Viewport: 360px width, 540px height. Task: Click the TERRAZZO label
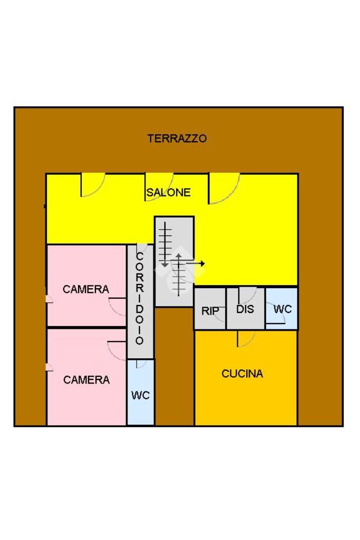pyautogui.click(x=177, y=139)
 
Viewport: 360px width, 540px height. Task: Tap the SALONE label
pyautogui.click(x=169, y=192)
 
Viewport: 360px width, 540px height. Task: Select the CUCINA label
pyautogui.click(x=242, y=374)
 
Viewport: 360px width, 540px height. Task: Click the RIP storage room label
pyautogui.click(x=210, y=311)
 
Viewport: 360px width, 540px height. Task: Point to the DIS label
pyautogui.click(x=245, y=309)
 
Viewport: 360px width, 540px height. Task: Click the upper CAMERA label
pyautogui.click(x=86, y=289)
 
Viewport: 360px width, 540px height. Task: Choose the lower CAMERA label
pyautogui.click(x=86, y=379)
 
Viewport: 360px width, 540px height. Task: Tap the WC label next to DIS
pyautogui.click(x=283, y=309)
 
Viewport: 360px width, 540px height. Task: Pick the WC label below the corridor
pyautogui.click(x=140, y=395)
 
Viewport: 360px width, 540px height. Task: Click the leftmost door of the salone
pyautogui.click(x=92, y=185)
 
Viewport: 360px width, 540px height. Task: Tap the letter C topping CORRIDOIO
pyautogui.click(x=140, y=257)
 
